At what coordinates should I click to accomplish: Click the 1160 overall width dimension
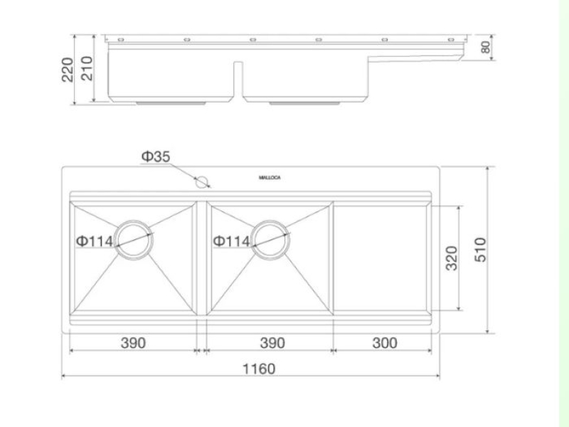pyautogui.click(x=259, y=369)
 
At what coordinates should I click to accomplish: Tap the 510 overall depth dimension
pyautogui.click(x=480, y=250)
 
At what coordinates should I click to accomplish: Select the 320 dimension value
pyautogui.click(x=452, y=258)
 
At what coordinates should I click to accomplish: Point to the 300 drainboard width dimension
pyautogui.click(x=385, y=343)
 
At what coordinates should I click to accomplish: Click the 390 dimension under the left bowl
pyautogui.click(x=133, y=343)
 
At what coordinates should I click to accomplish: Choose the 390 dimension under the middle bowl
pyautogui.click(x=272, y=343)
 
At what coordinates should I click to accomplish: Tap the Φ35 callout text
pyautogui.click(x=156, y=157)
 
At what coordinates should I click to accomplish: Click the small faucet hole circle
pyautogui.click(x=201, y=182)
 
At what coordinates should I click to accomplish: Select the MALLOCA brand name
pyautogui.click(x=270, y=177)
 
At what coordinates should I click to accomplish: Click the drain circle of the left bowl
pyautogui.click(x=134, y=221)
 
